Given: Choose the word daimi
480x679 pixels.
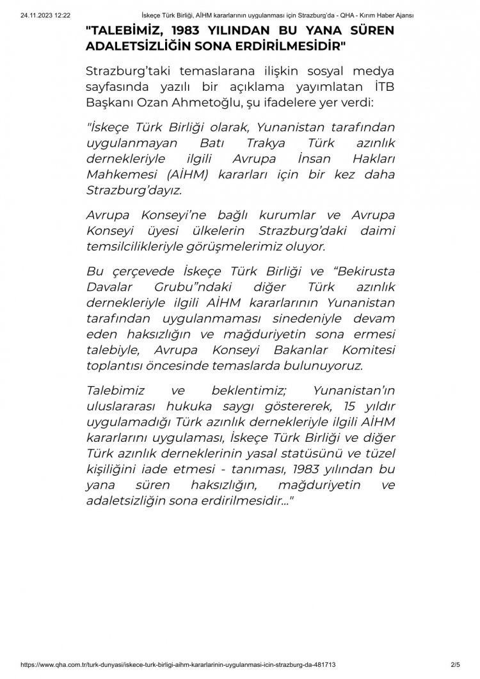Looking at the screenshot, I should (377, 228).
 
